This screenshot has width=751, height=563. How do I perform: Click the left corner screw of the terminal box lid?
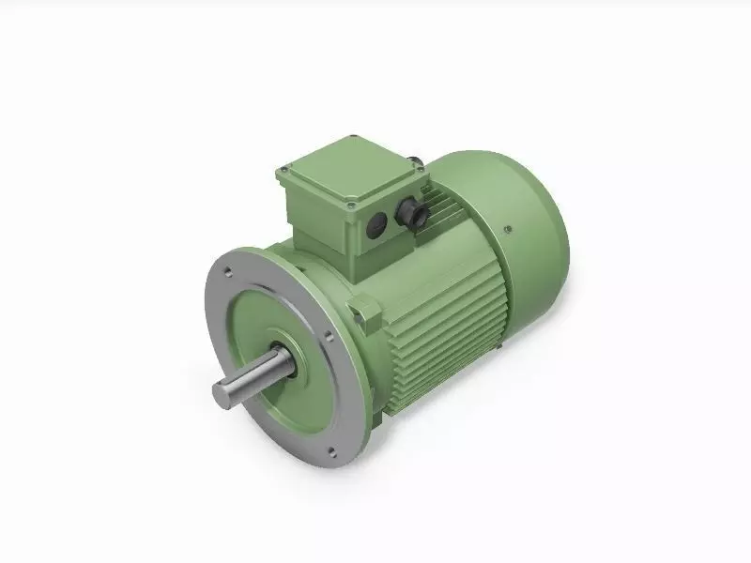point(284,172)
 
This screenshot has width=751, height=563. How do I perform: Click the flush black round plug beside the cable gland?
point(378,223)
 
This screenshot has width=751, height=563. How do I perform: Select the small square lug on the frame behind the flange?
point(360,306)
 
